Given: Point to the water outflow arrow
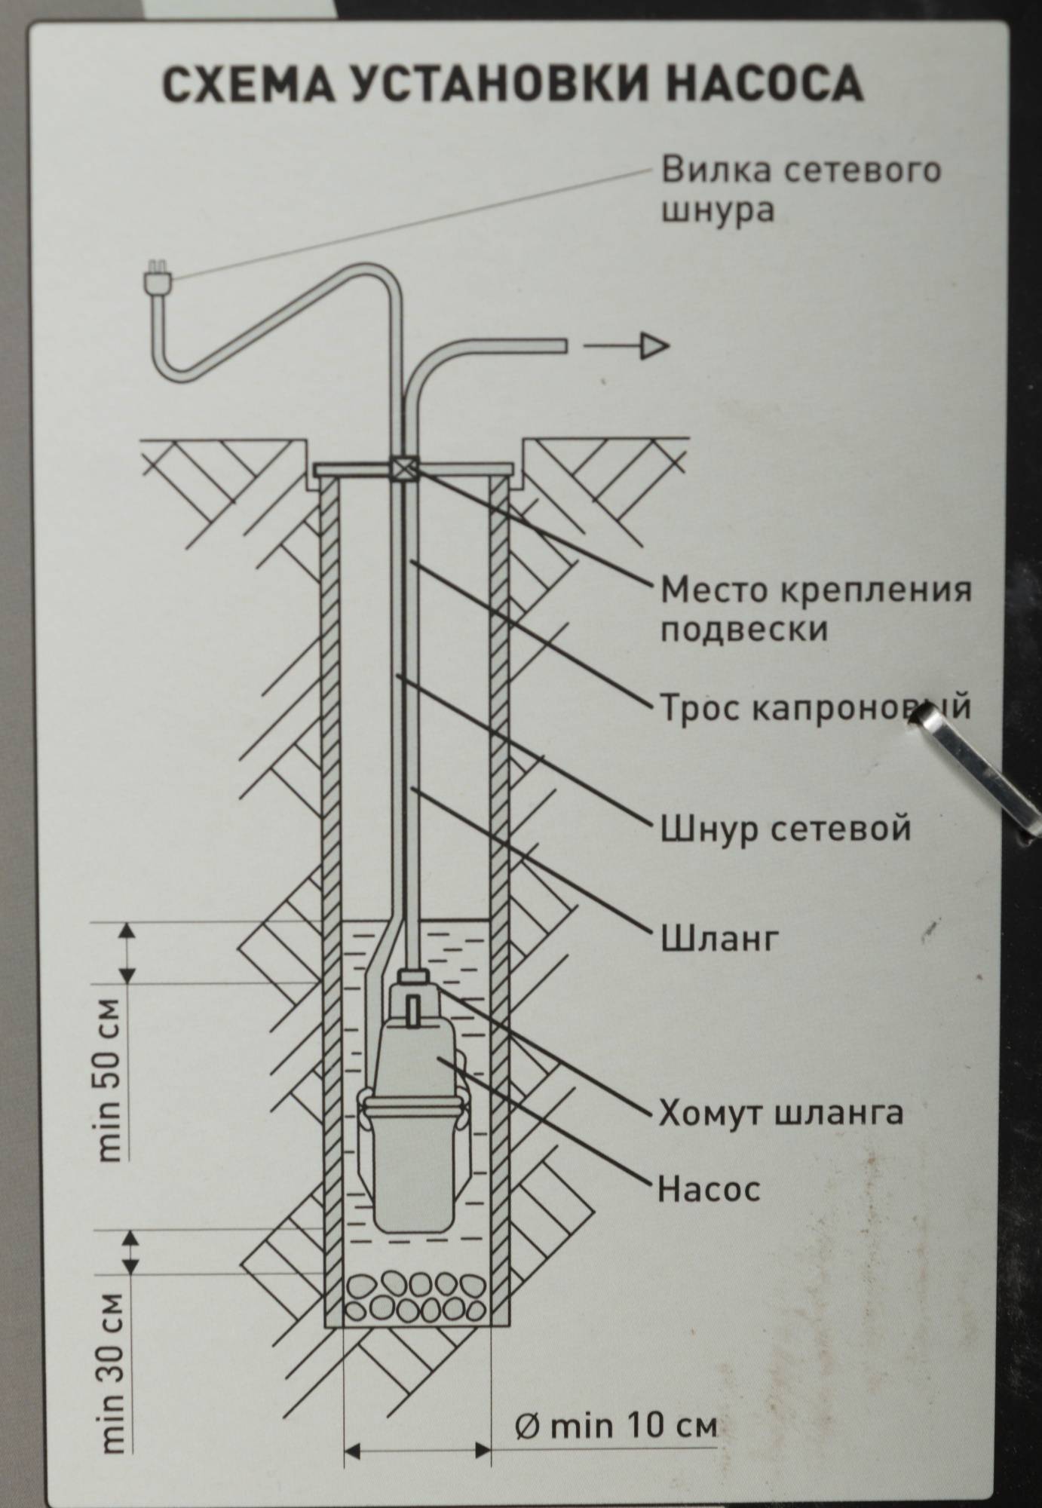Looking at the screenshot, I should [627, 346].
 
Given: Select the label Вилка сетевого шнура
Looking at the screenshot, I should [801, 189].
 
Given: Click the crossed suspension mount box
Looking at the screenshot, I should [404, 469].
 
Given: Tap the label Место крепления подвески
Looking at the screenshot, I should [815, 608].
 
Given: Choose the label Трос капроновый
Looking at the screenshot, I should [815, 708].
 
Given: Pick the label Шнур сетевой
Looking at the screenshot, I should [785, 829].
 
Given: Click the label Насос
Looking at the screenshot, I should [709, 1191].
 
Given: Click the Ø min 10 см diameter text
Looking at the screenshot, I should [616, 1427].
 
